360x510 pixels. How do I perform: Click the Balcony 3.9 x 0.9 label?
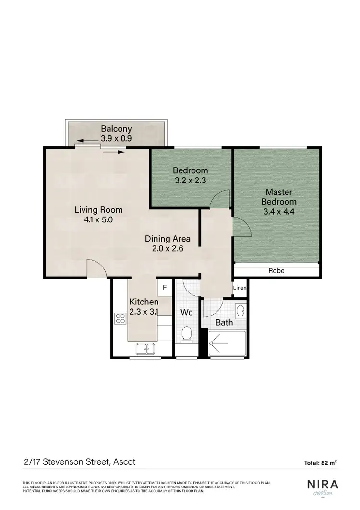116,134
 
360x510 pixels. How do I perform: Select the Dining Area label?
168,239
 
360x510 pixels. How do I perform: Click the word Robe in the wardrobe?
276,271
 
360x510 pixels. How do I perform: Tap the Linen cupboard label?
240,288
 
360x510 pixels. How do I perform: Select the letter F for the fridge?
164,288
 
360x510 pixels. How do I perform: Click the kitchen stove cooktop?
120,318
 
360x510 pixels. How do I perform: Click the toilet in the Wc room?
187,334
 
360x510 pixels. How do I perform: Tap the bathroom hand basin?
240,312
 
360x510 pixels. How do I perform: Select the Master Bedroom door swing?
241,226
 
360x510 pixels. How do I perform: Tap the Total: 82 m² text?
320,463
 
